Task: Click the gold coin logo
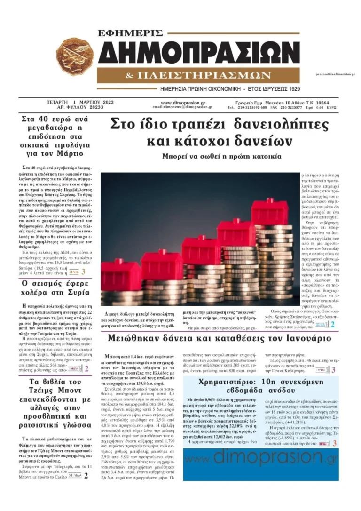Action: (75, 56)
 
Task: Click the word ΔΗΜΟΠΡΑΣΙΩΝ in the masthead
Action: (199, 52)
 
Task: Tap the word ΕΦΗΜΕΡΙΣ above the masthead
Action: (130, 33)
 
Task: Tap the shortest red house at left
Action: (121, 274)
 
